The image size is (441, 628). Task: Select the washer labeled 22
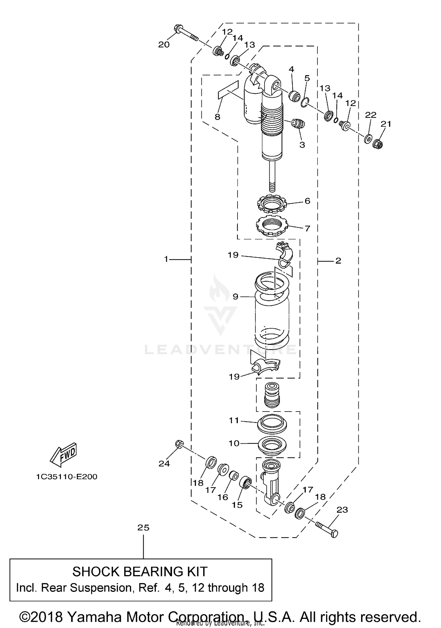tap(368, 139)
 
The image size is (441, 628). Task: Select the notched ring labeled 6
tap(271, 204)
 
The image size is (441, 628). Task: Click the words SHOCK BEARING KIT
tap(140, 572)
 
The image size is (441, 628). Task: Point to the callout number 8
tap(217, 117)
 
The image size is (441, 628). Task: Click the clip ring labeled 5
tap(305, 102)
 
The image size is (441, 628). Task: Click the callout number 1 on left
tap(166, 259)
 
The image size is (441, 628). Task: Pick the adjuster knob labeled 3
tap(298, 124)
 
